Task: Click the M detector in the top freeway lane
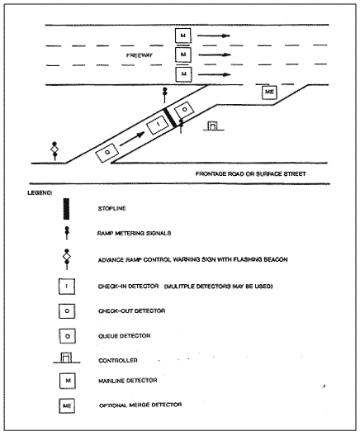(x=183, y=36)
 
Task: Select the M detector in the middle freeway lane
(x=183, y=54)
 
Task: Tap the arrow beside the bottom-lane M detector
(x=215, y=74)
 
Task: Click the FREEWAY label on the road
(x=140, y=55)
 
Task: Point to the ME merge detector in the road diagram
(x=269, y=92)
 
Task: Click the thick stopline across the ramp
(x=170, y=117)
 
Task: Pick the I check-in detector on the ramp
(x=158, y=125)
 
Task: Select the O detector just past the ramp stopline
(x=184, y=110)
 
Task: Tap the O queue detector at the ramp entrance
(x=107, y=152)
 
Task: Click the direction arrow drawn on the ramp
(x=132, y=139)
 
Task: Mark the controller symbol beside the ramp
(x=214, y=126)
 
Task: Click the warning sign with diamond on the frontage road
(x=54, y=151)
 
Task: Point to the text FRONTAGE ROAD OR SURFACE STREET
(x=250, y=173)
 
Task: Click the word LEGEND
(x=40, y=192)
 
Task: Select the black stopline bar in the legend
(x=66, y=209)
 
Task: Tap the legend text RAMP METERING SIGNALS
(x=134, y=233)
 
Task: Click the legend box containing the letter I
(x=67, y=287)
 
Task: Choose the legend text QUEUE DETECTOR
(x=124, y=336)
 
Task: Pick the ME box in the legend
(x=67, y=405)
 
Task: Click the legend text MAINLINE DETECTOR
(x=128, y=381)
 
